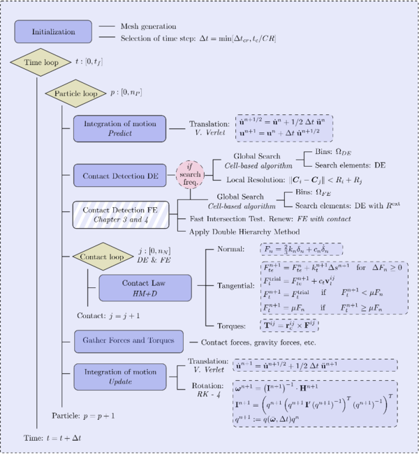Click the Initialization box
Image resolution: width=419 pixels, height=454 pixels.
(53, 31)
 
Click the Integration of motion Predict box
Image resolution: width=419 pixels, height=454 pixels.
(119, 128)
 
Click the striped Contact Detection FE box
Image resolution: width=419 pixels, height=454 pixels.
(119, 213)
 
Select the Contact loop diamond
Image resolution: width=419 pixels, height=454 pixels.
(103, 256)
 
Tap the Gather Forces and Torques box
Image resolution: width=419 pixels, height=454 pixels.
(128, 342)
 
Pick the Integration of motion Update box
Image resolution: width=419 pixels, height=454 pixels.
(119, 377)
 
